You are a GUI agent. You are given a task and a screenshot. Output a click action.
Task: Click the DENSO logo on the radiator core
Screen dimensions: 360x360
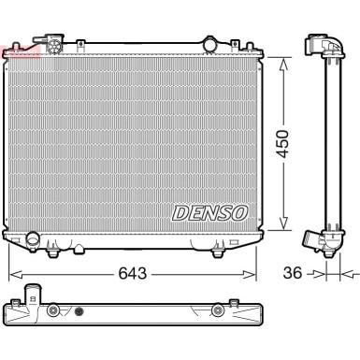pyautogui.click(x=209, y=213)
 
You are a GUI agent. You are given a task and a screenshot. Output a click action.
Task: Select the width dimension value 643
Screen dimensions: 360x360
pyautogui.click(x=131, y=275)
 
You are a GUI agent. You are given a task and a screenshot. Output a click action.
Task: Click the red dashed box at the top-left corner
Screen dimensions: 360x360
pyautogui.click(x=21, y=49)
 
